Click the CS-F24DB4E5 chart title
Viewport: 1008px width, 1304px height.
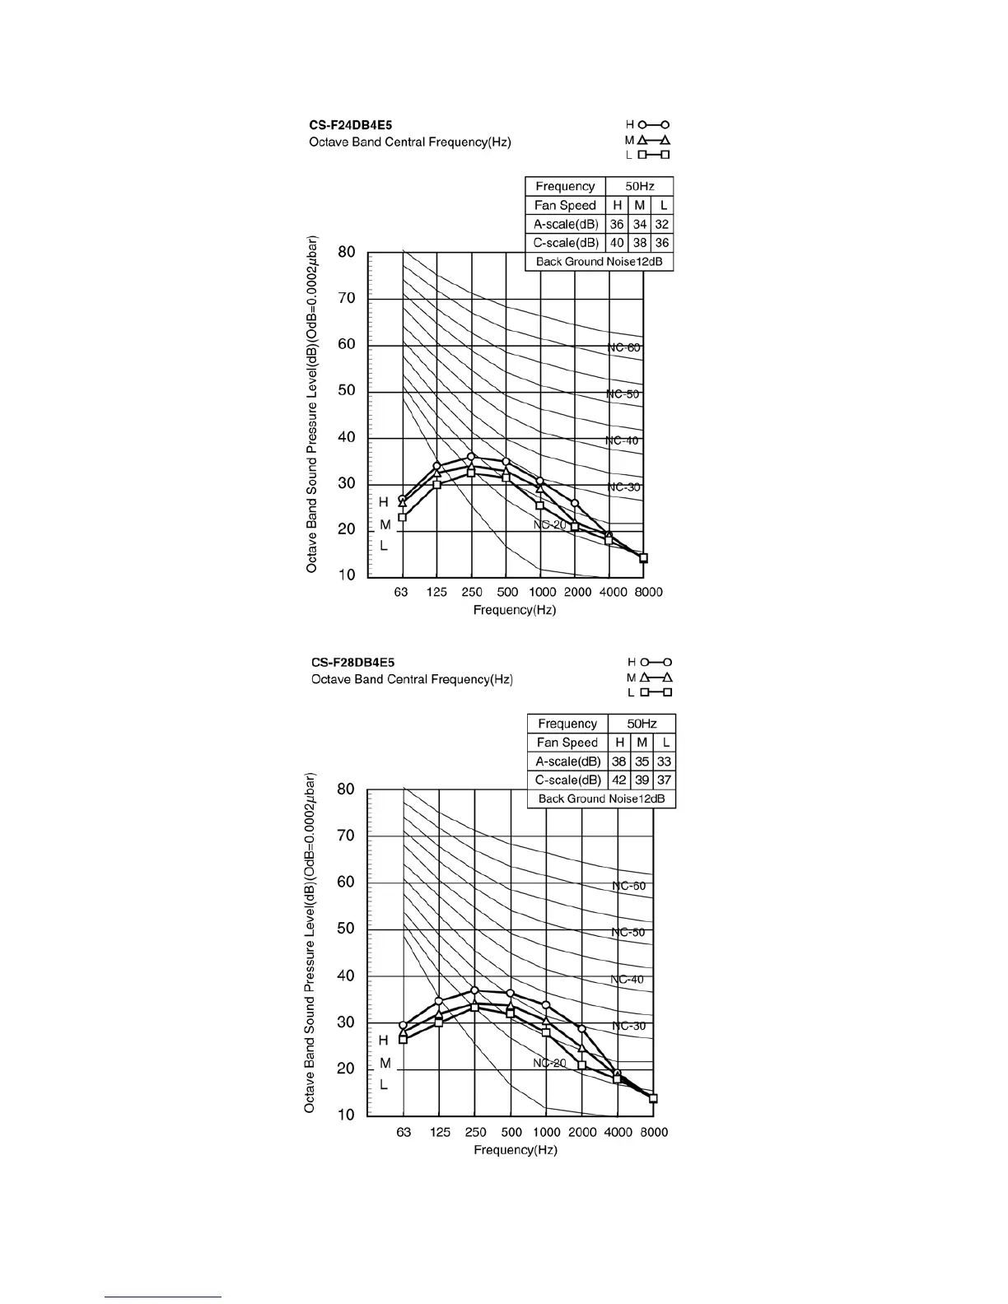(350, 125)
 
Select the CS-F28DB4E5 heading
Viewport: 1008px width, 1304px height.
(352, 662)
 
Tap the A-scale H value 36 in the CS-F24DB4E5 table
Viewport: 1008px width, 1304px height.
(617, 224)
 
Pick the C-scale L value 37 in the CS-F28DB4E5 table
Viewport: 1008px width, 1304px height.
(665, 780)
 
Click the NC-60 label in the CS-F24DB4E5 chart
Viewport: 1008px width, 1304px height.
(624, 347)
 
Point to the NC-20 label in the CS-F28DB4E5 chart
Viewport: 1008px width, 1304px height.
(549, 1063)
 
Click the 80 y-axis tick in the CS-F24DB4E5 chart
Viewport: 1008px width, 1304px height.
(347, 252)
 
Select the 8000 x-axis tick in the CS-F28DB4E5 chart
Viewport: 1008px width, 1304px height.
(654, 1132)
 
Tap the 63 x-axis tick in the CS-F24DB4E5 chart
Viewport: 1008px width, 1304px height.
(401, 592)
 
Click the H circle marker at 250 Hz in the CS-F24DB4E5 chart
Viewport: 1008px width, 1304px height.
(471, 456)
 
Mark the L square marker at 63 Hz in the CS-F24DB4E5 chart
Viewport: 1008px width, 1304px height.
(402, 517)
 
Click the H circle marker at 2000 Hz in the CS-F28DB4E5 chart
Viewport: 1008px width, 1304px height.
(581, 1028)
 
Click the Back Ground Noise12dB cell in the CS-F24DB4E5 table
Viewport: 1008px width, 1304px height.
(599, 262)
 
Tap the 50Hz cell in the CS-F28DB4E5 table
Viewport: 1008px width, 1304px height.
(642, 724)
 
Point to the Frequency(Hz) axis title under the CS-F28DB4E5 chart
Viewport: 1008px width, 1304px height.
(516, 1150)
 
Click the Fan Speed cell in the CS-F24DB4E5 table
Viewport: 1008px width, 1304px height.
(565, 205)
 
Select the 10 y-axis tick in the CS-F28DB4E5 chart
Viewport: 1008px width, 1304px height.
(346, 1115)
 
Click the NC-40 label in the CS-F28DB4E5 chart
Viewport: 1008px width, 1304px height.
(628, 980)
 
